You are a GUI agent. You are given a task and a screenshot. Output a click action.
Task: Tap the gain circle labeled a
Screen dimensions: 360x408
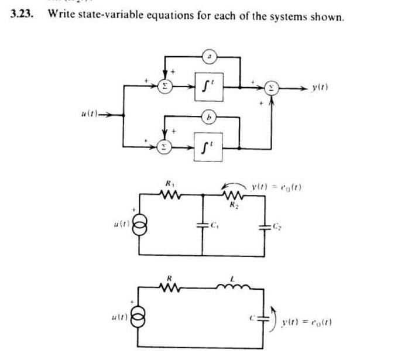[210, 57]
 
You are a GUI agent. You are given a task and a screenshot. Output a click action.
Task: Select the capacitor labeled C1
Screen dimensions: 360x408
[203, 225]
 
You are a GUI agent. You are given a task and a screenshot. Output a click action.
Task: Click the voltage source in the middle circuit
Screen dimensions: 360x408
[138, 225]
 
